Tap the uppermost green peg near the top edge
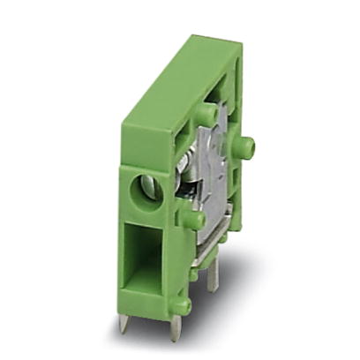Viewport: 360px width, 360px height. coord(205,115)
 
